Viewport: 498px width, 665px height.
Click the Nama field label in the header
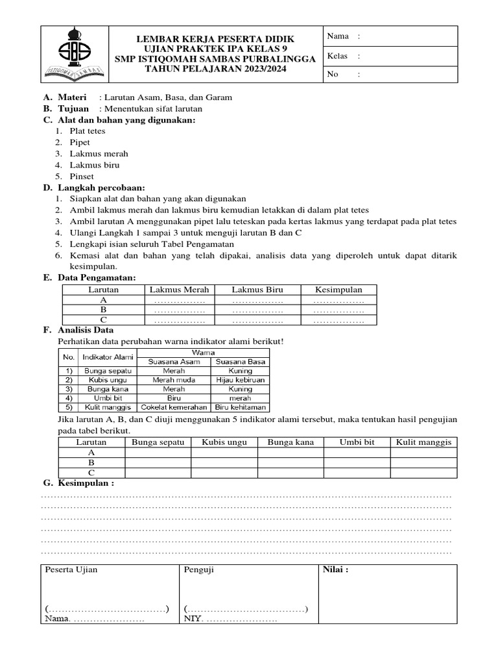[x=338, y=36]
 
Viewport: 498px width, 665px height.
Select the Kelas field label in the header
[x=338, y=56]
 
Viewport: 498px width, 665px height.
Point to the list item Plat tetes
[x=87, y=131]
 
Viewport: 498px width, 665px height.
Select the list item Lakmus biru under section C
[x=91, y=165]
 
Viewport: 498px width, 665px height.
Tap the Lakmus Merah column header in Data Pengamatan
[x=179, y=290]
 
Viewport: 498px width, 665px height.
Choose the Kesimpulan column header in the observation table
[x=338, y=290]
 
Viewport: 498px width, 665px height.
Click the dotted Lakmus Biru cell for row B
[x=257, y=310]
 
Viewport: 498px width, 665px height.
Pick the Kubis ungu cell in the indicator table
[x=106, y=379]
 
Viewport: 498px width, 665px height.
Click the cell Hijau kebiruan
[x=240, y=379]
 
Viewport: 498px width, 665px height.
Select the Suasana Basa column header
[x=240, y=361]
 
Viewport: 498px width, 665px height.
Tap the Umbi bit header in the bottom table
[x=357, y=442]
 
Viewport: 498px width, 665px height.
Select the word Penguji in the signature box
[x=199, y=570]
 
